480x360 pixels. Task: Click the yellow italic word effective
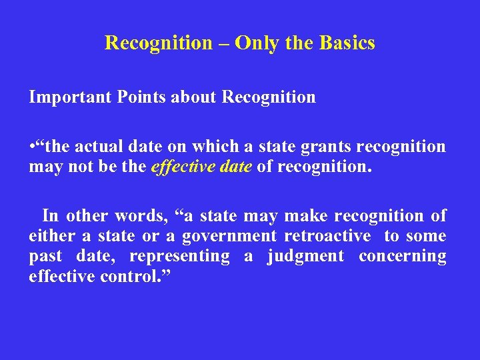coord(179,167)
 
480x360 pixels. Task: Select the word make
coord(305,216)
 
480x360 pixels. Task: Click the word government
coord(229,237)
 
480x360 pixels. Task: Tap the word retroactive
coord(327,236)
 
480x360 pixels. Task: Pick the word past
coord(45,257)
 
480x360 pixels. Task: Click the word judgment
coord(305,257)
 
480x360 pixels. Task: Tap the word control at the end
coord(128,276)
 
